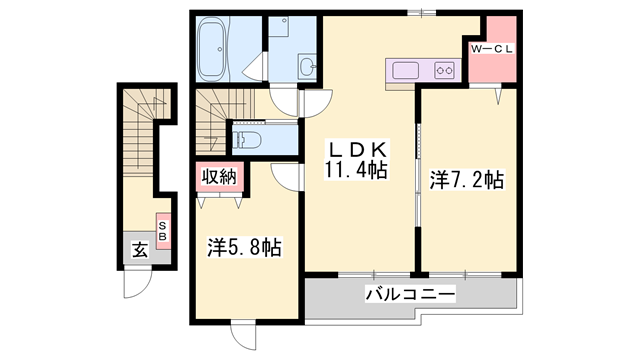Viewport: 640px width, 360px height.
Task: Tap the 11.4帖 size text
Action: coord(356,170)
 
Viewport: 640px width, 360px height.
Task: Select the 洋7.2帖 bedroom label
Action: coord(467,180)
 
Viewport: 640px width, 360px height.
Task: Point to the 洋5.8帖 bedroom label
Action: coord(244,247)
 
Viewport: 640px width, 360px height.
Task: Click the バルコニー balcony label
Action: coord(410,294)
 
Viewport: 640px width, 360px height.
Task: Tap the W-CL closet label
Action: coord(492,49)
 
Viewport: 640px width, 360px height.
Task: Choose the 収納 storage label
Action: coord(219,177)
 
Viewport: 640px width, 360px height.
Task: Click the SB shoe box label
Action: coord(163,231)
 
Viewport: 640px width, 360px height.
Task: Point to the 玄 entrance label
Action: coord(140,250)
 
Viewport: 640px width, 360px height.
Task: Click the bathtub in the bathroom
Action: coord(212,49)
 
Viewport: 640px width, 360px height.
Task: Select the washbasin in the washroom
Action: coord(307,65)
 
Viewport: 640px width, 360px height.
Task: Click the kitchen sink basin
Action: coord(405,71)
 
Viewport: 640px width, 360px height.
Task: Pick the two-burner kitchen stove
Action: coord(444,71)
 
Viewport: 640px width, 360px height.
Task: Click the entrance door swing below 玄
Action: coord(138,282)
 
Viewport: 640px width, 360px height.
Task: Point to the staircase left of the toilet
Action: coord(211,121)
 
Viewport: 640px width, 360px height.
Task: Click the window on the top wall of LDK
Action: coord(422,13)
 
